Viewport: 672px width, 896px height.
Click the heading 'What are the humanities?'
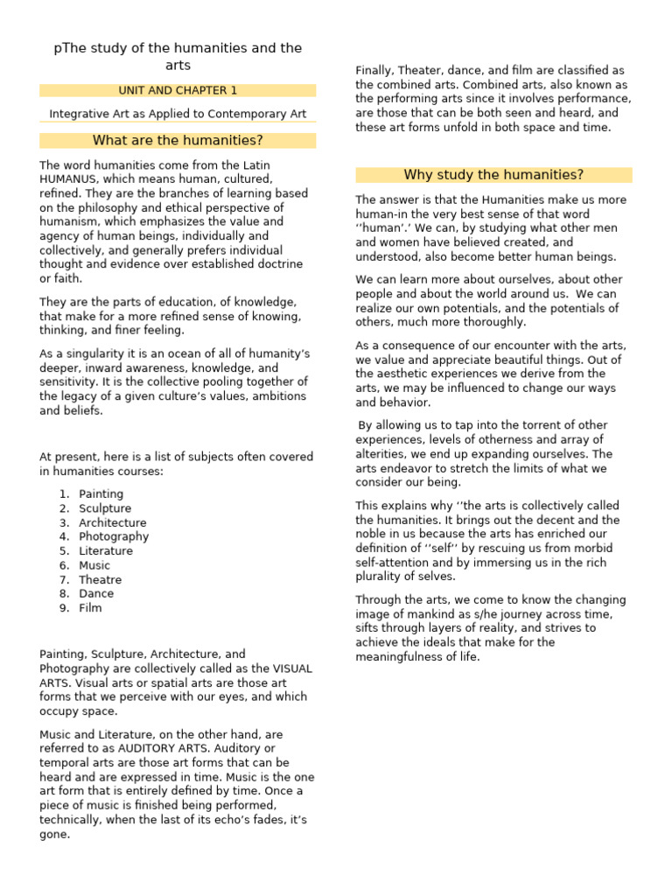(x=178, y=141)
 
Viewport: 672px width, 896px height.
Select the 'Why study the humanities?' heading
(x=493, y=175)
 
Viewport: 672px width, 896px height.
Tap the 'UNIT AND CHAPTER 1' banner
(x=178, y=90)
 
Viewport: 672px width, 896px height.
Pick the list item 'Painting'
(x=101, y=494)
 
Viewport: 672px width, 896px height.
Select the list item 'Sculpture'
(x=105, y=508)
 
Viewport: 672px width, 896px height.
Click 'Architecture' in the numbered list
(x=113, y=522)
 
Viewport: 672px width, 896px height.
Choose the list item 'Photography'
(x=114, y=536)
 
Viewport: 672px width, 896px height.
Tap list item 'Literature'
(x=106, y=551)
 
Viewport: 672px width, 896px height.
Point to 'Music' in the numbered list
(x=94, y=565)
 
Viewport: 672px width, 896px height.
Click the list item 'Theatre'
(x=101, y=579)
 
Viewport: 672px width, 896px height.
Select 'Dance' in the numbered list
(x=96, y=593)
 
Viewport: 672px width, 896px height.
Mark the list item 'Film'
(x=90, y=608)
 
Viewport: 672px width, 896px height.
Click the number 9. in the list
(x=64, y=608)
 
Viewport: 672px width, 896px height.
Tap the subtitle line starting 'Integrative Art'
(x=178, y=114)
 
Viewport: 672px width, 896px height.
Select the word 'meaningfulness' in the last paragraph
(x=398, y=656)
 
